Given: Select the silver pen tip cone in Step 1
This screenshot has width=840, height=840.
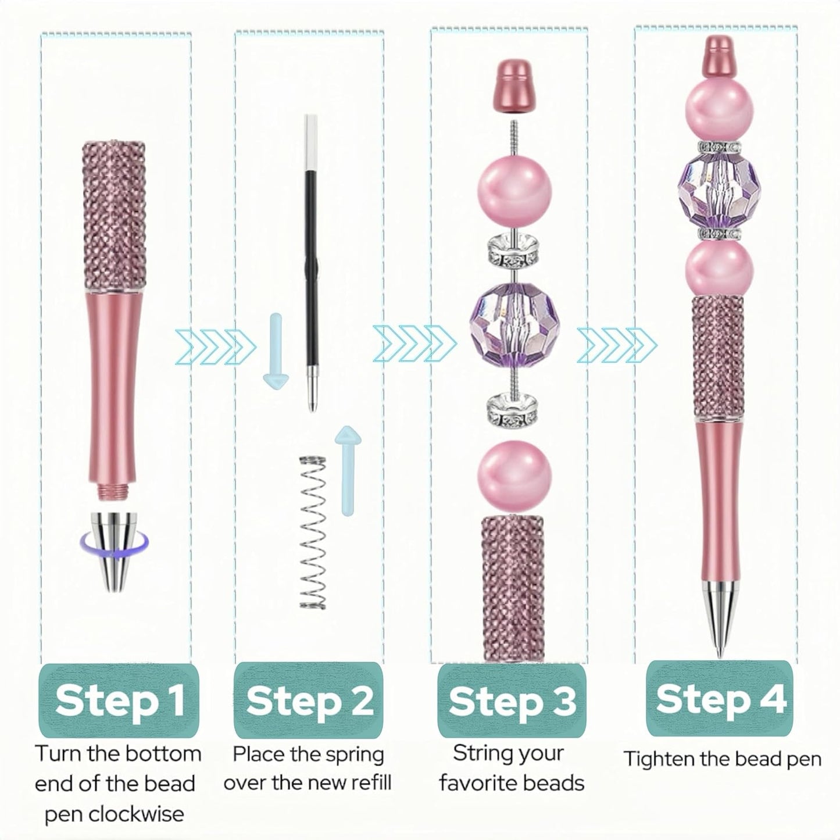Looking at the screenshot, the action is tap(114, 551).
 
